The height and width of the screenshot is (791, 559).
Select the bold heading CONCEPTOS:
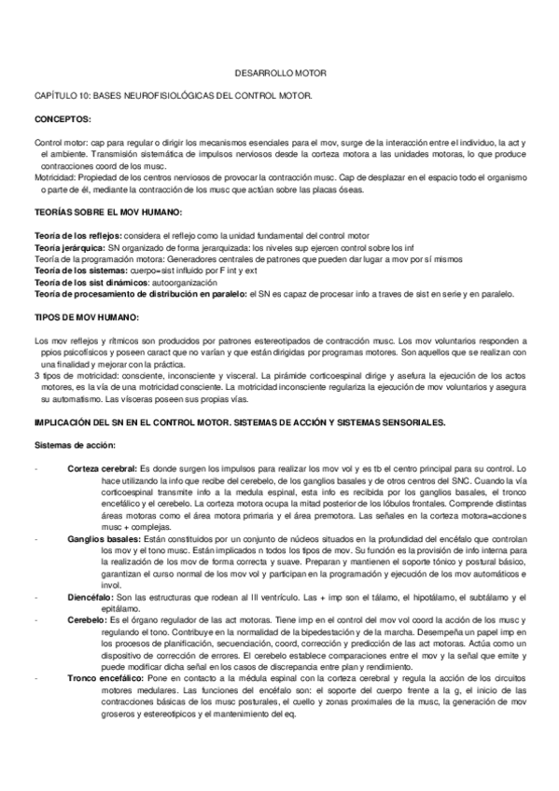[x=63, y=119]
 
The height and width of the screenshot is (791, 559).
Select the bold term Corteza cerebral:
[x=102, y=466]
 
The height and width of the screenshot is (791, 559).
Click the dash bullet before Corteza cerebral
[x=35, y=466]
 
